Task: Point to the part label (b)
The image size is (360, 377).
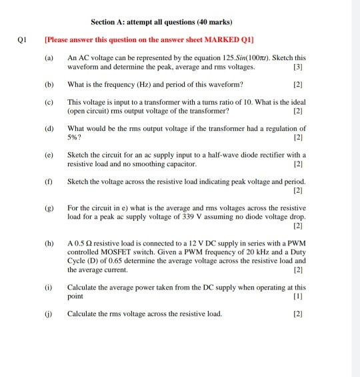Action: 49,85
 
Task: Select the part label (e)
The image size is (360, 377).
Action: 49,154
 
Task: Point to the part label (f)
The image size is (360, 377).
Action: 49,181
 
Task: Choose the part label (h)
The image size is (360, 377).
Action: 49,244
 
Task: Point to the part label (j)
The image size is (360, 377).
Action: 49,313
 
